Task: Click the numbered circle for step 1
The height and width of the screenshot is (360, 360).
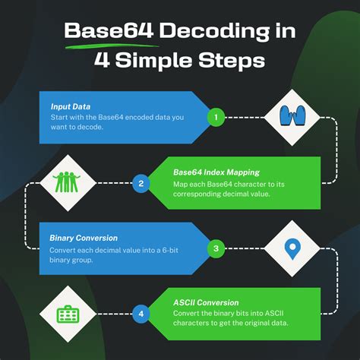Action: click(216, 118)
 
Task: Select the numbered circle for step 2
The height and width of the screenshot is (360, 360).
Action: click(141, 182)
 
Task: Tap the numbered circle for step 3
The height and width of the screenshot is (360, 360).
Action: click(216, 248)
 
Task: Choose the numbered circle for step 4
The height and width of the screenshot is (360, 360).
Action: click(141, 312)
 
